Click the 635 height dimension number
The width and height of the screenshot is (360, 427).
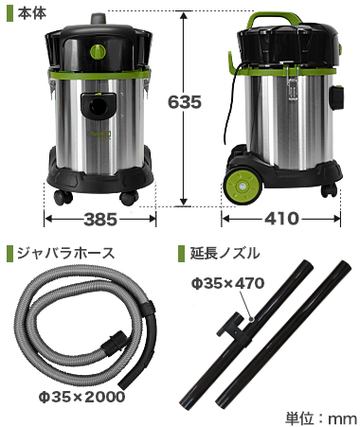(185, 102)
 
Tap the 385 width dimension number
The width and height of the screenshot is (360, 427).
(100, 220)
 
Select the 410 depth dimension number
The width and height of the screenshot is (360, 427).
(281, 219)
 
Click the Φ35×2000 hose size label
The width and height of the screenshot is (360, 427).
(81, 397)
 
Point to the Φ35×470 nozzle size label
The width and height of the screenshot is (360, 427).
(227, 283)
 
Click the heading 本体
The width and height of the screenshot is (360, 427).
(32, 12)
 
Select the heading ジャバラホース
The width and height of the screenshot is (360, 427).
(65, 253)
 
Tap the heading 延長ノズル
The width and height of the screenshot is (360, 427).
(225, 253)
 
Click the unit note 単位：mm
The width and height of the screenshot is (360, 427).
(321, 418)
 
